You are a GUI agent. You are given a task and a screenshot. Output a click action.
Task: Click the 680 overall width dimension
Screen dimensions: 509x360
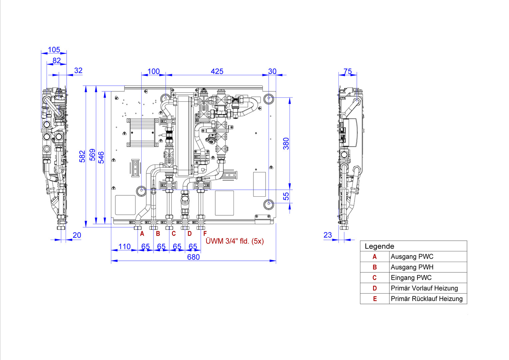point(194,257)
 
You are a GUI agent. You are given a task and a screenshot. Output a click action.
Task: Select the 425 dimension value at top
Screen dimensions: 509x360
point(217,71)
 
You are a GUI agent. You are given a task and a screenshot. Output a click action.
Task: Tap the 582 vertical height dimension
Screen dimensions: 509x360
point(82,156)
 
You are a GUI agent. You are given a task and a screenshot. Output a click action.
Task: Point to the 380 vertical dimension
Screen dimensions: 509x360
point(286,143)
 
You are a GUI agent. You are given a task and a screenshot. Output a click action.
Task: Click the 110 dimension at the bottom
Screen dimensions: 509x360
point(125,247)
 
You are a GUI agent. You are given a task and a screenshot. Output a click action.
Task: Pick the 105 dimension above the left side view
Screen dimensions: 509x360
point(54,50)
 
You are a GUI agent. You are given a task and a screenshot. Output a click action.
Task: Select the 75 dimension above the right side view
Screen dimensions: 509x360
point(348,71)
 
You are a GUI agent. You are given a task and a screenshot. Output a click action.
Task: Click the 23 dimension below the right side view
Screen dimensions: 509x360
point(328,235)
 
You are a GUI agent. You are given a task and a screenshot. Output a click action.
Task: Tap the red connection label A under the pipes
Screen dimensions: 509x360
point(142,234)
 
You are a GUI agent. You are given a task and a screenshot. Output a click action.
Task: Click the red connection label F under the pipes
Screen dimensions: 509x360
point(205,234)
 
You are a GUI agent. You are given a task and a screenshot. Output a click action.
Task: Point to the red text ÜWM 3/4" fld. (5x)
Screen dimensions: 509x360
point(235,241)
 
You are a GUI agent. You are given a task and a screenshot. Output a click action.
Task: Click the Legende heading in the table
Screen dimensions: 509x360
point(379,246)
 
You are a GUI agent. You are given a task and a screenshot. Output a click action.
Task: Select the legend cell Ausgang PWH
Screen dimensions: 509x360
point(412,267)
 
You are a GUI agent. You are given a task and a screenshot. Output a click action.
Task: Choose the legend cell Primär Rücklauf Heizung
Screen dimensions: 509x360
point(426,299)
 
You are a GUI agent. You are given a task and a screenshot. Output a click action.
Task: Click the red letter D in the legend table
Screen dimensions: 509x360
point(375,288)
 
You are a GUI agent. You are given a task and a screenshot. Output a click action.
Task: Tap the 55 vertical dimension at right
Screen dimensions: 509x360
point(286,196)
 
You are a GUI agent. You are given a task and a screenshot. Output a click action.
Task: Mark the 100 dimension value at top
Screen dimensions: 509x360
point(154,71)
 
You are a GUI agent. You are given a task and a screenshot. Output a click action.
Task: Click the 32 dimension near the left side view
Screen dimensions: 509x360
point(78,70)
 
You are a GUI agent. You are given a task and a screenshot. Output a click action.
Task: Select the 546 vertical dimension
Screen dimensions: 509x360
point(101,157)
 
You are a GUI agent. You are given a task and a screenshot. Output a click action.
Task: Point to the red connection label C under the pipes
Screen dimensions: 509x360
point(174,234)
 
